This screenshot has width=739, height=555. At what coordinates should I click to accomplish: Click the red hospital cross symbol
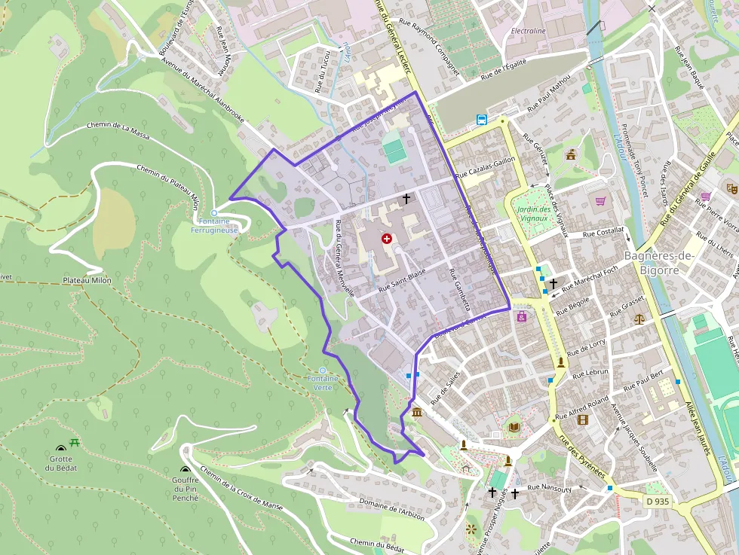click(387, 239)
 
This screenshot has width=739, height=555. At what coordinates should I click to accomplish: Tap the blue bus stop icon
click(481, 119)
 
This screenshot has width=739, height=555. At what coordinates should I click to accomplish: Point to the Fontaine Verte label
click(323, 383)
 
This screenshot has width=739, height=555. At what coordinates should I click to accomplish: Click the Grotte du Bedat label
click(60, 463)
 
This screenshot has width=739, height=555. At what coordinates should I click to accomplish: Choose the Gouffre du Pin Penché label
click(186, 489)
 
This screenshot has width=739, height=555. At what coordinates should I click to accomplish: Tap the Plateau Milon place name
click(87, 280)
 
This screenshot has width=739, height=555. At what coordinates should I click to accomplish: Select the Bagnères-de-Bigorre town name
click(658, 263)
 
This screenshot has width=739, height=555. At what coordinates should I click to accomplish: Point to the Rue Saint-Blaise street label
click(402, 280)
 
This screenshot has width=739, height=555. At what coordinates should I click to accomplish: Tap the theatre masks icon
click(731, 188)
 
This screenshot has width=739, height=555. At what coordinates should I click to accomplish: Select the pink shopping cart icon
click(600, 201)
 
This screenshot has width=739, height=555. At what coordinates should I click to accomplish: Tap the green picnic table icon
click(74, 443)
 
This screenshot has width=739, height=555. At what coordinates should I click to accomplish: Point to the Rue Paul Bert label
click(642, 380)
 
